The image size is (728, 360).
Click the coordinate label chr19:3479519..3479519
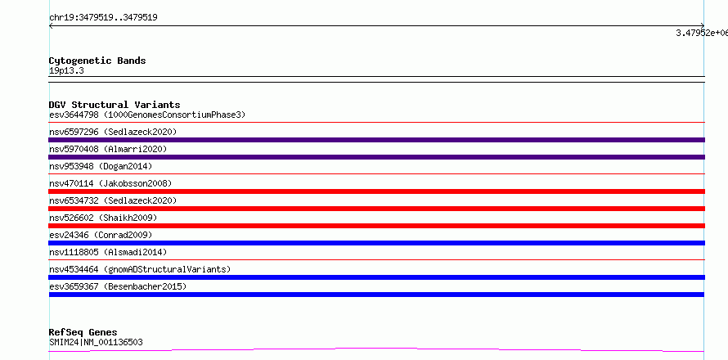pyautogui.click(x=103, y=18)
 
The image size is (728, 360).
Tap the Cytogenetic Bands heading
pyautogui.click(x=97, y=61)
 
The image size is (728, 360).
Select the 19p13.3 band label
pyautogui.click(x=66, y=71)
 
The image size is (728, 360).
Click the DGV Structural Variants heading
pyautogui.click(x=115, y=105)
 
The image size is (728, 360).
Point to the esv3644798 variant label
pyautogui.click(x=74, y=115)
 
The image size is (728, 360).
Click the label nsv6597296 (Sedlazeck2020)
pyautogui.click(x=113, y=132)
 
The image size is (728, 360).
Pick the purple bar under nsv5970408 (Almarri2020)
pyautogui.click(x=376, y=157)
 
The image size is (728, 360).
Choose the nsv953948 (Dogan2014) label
pyautogui.click(x=101, y=166)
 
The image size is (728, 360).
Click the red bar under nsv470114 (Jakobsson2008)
pyautogui.click(x=376, y=191)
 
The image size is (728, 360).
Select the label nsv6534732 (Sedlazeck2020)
pyautogui.click(x=113, y=200)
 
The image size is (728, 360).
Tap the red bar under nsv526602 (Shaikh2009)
pyautogui.click(x=376, y=226)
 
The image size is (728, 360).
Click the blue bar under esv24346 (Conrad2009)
pyautogui.click(x=376, y=243)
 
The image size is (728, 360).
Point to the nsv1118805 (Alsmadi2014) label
pyautogui.click(x=108, y=252)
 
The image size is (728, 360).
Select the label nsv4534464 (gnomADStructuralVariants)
pyautogui.click(x=140, y=269)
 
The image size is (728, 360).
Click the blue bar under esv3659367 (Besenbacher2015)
pyautogui.click(x=376, y=295)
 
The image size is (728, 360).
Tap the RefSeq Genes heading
pyautogui.click(x=83, y=332)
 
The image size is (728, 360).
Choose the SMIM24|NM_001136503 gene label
pyautogui.click(x=96, y=343)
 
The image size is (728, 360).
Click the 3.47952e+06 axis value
pyautogui.click(x=702, y=33)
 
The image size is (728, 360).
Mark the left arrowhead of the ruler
pyautogui.click(x=50, y=26)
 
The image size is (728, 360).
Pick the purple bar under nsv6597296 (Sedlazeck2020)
pyautogui.click(x=376, y=140)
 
